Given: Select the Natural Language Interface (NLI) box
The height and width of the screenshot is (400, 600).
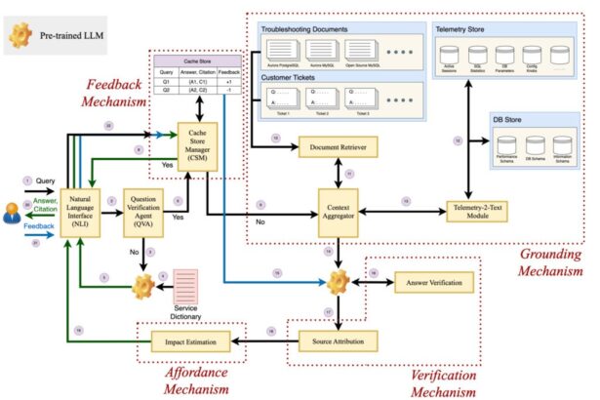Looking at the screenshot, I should (81, 210).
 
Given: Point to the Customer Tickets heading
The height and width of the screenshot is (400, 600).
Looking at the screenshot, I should (290, 75).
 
